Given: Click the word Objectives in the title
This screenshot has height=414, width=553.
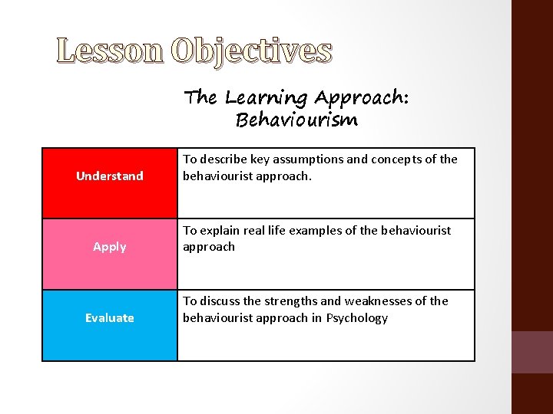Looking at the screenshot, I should pyautogui.click(x=252, y=51).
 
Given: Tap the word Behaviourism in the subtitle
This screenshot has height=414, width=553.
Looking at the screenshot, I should pyautogui.click(x=296, y=120).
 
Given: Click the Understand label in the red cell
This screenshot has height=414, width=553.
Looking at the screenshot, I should pyautogui.click(x=109, y=176).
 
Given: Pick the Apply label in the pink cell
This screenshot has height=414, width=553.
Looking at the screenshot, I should pyautogui.click(x=109, y=246).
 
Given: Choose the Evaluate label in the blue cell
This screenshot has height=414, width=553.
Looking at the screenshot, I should pyautogui.click(x=109, y=317).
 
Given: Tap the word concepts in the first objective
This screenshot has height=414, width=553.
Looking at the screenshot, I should pyautogui.click(x=392, y=159).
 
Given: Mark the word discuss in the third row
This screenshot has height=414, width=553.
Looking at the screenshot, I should pyautogui.click(x=221, y=301).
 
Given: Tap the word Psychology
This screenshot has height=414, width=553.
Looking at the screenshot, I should pyautogui.click(x=357, y=317).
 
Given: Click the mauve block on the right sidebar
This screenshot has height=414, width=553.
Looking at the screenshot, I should pyautogui.click(x=532, y=352).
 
